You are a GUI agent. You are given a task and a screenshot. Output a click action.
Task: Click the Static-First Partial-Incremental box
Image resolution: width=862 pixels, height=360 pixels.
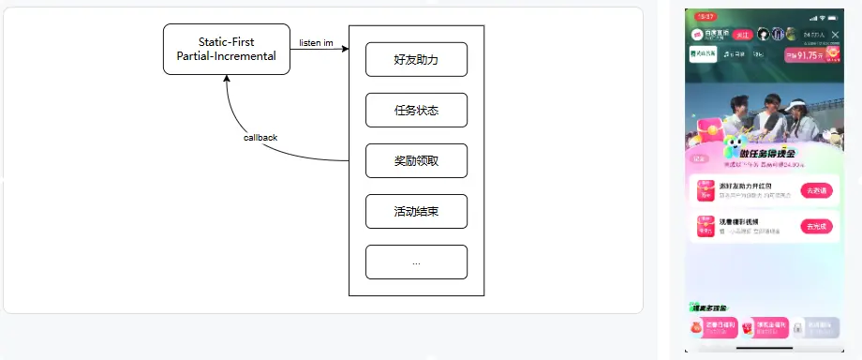[226, 49]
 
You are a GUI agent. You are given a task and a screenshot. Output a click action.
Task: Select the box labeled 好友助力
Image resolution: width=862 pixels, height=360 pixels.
[416, 59]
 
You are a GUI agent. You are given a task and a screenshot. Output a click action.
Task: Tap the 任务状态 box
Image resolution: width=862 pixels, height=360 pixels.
[416, 110]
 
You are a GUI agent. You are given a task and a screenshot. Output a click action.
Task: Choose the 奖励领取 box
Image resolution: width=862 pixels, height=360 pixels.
[416, 160]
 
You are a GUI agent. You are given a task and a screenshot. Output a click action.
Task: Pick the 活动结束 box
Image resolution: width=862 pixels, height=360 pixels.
[416, 211]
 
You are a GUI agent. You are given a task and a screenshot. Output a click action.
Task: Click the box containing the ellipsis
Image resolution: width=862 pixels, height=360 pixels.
[416, 262]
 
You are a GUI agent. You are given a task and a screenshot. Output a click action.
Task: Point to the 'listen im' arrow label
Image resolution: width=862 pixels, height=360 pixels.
[316, 42]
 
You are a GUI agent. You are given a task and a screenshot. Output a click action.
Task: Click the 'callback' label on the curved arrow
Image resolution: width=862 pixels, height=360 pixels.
[260, 137]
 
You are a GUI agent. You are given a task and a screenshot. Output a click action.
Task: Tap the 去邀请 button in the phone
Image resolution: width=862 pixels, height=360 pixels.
[814, 189]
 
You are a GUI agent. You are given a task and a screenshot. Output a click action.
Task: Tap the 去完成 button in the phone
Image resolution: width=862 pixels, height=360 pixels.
[814, 226]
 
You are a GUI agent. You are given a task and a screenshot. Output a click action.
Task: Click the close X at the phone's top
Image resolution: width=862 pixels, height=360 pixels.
[835, 35]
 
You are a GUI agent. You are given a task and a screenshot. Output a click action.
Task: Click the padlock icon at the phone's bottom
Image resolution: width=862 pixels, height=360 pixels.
[797, 328]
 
